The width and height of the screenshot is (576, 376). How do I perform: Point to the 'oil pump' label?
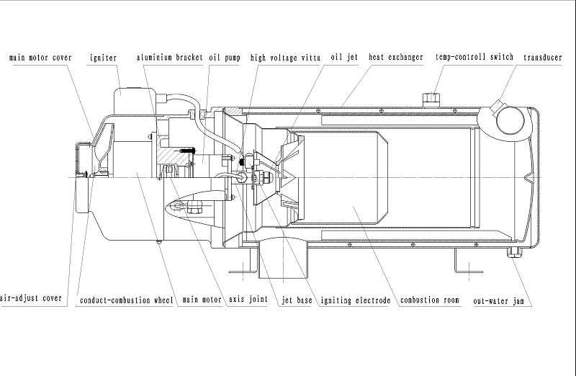(224, 57)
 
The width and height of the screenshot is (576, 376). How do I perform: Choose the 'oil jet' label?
(344, 57)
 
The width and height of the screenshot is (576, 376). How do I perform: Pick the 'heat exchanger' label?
(395, 57)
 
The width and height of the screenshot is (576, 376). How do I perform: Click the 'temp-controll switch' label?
(474, 57)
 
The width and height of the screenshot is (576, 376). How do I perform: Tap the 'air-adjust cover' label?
(31, 299)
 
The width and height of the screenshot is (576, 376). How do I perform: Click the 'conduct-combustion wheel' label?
(127, 299)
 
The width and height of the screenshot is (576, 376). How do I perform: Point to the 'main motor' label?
(201, 299)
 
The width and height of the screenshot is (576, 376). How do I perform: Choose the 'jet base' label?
(297, 299)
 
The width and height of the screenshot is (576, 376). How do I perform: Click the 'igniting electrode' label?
(355, 299)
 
